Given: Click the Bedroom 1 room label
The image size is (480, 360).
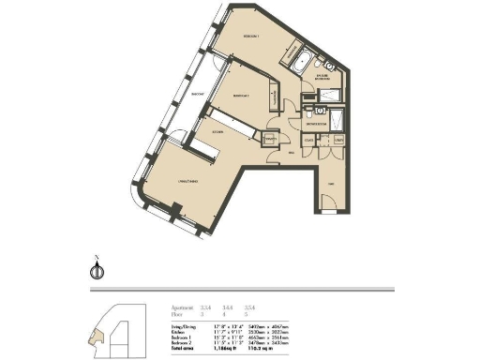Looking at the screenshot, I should (x=249, y=37).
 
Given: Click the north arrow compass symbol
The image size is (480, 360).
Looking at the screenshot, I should (x=94, y=271).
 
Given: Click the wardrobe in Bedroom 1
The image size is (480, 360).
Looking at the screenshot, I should (x=291, y=49).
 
